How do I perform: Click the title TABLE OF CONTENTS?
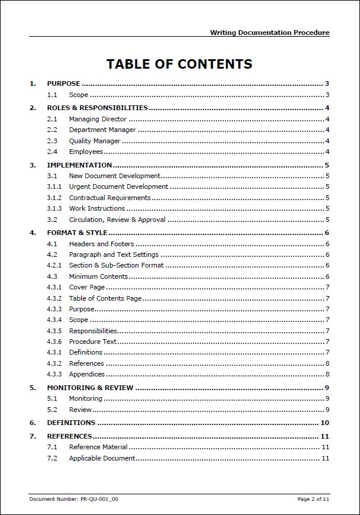[x=179, y=64]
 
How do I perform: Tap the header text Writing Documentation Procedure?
[x=269, y=33]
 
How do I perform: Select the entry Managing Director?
[x=98, y=119]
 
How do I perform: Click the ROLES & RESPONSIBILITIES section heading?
[x=97, y=108]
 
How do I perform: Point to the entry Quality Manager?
[x=95, y=141]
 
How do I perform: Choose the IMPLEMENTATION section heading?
[x=79, y=165]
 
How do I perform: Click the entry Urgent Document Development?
[x=118, y=186]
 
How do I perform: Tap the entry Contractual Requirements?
[x=110, y=198]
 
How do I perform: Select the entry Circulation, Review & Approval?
[x=117, y=220]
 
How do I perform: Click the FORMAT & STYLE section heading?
[x=77, y=233]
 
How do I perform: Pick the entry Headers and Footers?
[x=101, y=244]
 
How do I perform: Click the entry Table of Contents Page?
[x=105, y=298]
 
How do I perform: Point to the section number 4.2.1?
[x=54, y=265]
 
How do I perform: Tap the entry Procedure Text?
[x=93, y=342]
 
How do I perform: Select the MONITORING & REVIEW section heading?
[x=90, y=388]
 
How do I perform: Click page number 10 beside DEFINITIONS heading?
[x=324, y=423]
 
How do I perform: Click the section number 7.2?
[x=52, y=458]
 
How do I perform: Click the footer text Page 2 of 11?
[x=313, y=499]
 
